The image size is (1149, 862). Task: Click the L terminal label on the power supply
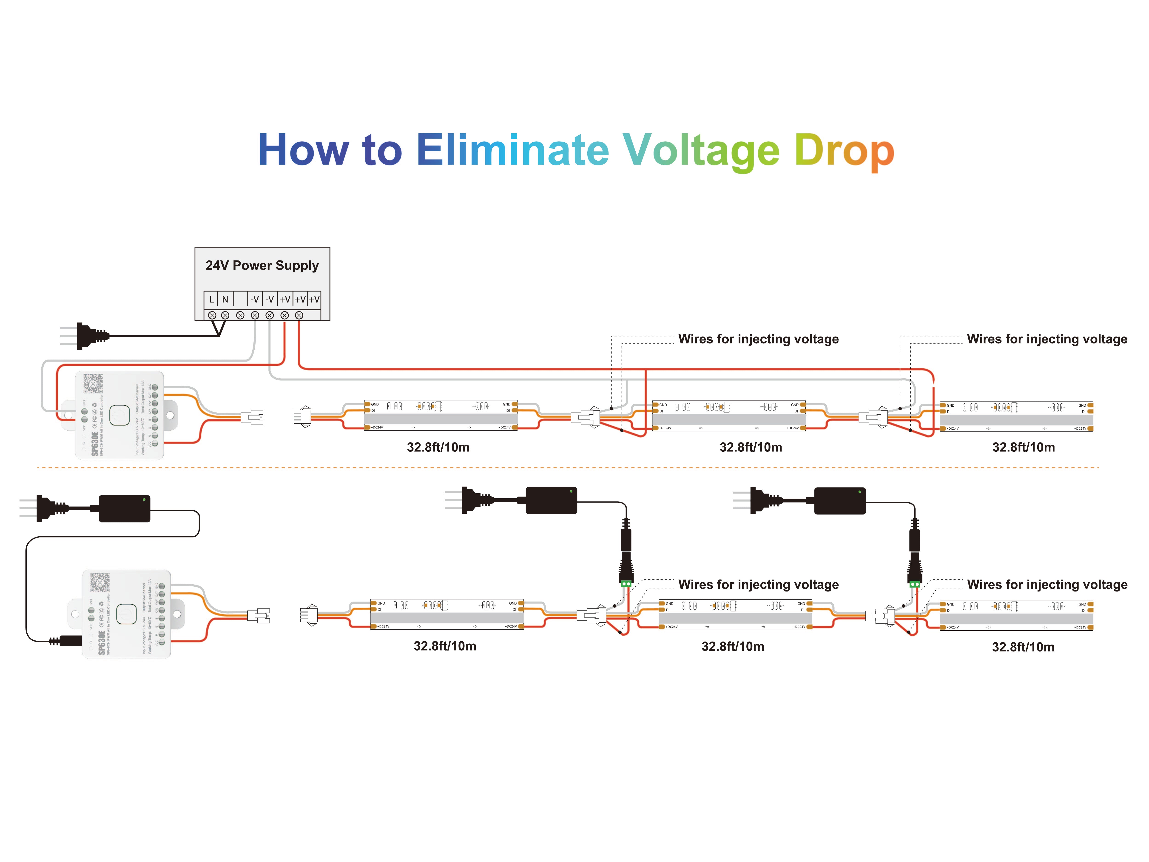click(x=211, y=299)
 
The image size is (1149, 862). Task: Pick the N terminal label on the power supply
click(x=225, y=299)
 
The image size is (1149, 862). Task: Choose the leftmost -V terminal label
click(x=255, y=299)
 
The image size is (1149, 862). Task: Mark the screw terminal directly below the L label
click(x=212, y=315)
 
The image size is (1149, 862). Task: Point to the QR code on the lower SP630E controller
click(x=100, y=582)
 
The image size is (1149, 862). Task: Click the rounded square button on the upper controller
click(x=119, y=415)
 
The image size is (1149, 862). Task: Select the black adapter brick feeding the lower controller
click(x=125, y=508)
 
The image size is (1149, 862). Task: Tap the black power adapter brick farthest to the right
click(x=839, y=501)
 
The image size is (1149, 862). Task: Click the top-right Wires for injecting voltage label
click(x=1047, y=339)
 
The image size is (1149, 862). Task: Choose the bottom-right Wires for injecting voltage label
click(x=1047, y=585)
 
